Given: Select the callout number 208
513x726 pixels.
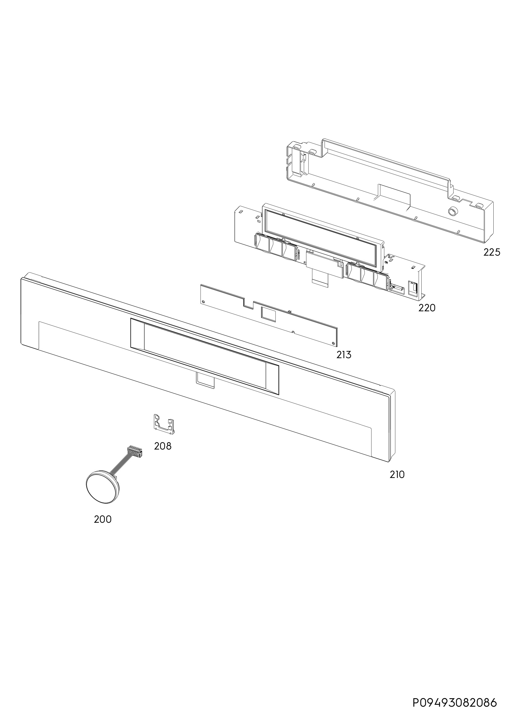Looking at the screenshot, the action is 163,446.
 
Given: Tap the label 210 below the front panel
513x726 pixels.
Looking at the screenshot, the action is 397,483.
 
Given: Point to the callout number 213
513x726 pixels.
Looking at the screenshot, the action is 344,355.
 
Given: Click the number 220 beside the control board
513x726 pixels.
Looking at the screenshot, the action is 427,308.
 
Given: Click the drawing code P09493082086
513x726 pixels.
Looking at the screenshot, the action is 455,701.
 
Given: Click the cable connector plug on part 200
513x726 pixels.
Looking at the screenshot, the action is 135,451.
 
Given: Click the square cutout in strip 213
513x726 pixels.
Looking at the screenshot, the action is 268,313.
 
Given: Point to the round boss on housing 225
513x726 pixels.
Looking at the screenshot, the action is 453,211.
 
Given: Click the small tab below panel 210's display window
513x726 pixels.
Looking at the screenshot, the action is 205,380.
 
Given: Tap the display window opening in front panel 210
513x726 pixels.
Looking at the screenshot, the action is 205,356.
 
